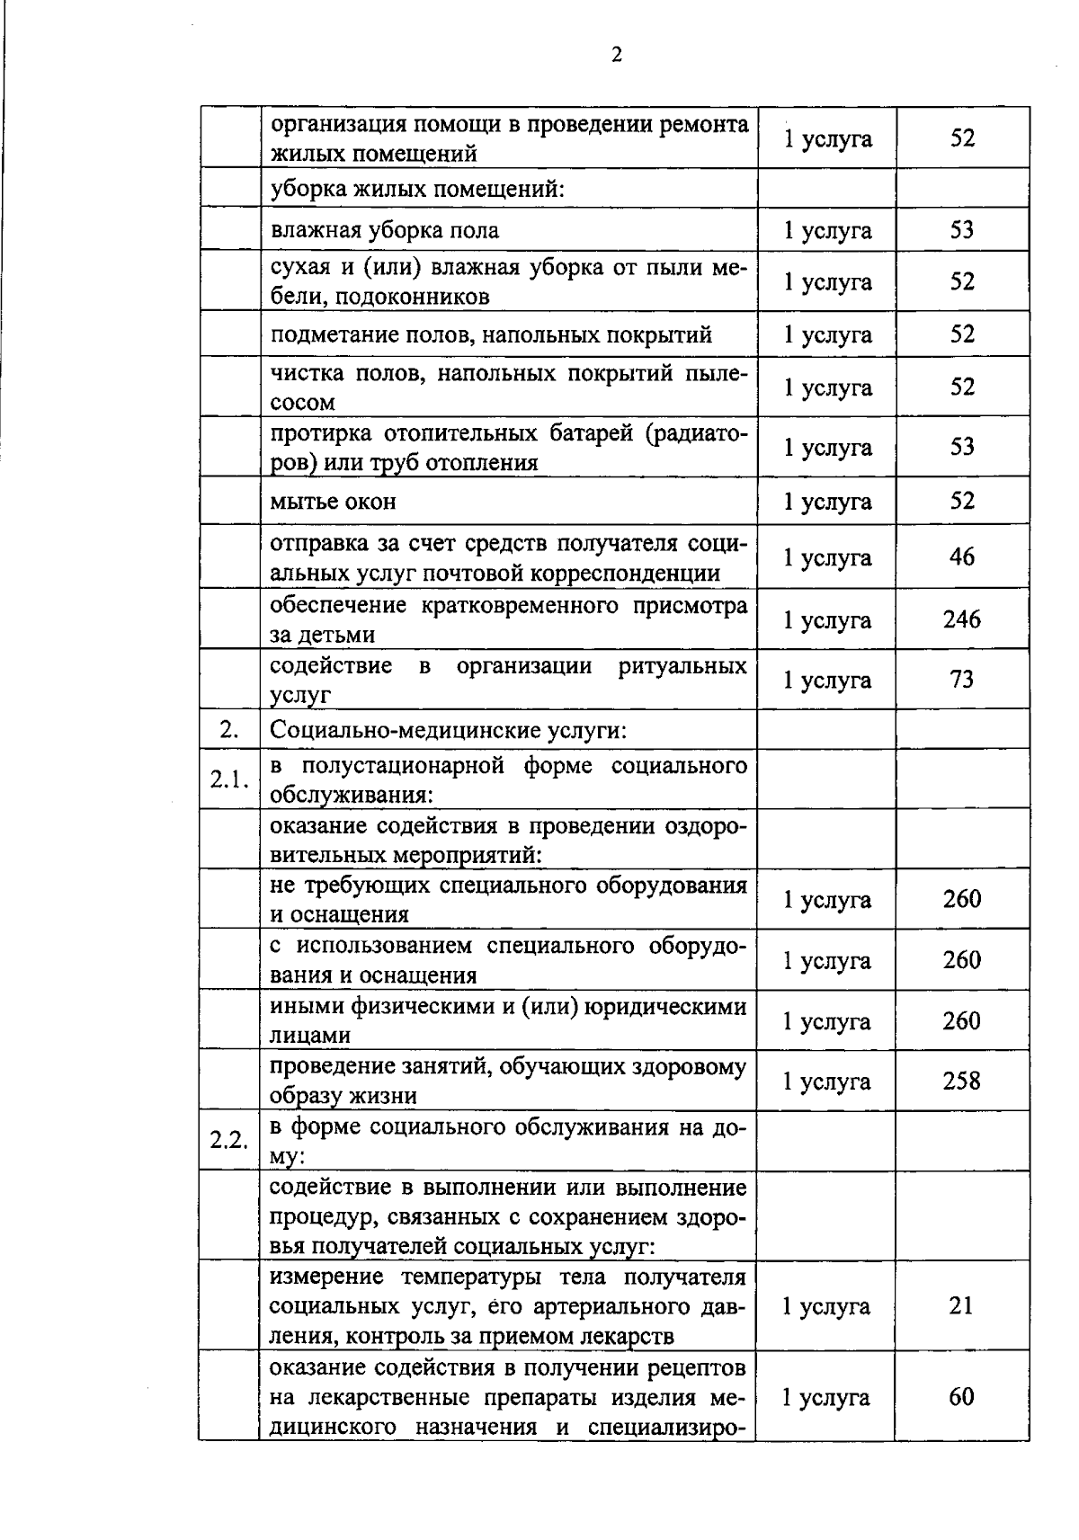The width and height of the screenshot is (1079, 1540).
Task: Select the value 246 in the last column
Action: click(x=961, y=619)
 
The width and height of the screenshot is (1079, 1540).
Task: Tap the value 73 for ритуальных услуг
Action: click(x=961, y=680)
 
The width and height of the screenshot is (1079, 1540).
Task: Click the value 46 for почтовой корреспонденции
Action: click(x=961, y=557)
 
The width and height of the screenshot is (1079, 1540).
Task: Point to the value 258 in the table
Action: click(x=961, y=1081)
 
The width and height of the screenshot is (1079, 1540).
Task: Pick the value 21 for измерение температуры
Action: click(x=961, y=1305)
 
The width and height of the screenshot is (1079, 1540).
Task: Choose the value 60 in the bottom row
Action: click(x=961, y=1397)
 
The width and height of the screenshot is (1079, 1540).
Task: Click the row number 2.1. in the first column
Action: click(x=229, y=779)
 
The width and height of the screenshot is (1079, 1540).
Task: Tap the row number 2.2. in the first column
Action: click(x=229, y=1140)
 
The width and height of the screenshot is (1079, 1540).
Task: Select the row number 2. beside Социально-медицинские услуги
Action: click(x=229, y=729)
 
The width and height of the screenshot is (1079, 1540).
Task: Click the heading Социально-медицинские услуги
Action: click(x=447, y=729)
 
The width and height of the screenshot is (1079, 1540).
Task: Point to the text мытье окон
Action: click(x=333, y=501)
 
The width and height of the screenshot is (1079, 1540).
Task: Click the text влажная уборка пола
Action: click(x=384, y=230)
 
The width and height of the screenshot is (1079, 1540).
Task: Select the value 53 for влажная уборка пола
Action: click(x=961, y=230)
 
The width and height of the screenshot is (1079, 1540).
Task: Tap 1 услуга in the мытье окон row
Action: click(x=826, y=502)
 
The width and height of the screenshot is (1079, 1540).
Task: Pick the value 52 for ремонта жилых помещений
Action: click(x=961, y=138)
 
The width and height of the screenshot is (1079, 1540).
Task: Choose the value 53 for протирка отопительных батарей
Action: click(x=961, y=447)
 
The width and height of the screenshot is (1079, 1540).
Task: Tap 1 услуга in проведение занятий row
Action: click(x=826, y=1082)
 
